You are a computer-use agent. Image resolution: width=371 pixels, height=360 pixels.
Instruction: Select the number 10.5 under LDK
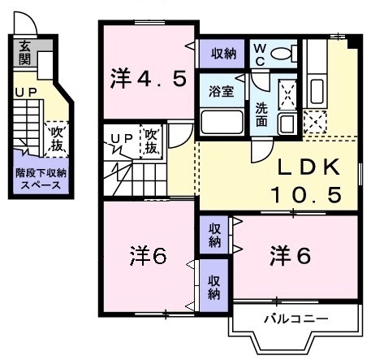click(x=304, y=195)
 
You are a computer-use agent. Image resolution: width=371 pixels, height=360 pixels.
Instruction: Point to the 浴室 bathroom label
click(x=221, y=91)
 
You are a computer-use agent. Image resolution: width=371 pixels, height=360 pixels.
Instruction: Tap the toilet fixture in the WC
click(x=283, y=54)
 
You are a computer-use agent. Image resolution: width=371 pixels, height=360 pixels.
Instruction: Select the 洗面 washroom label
click(x=262, y=114)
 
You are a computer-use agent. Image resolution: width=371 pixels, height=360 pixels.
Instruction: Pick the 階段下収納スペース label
click(x=41, y=179)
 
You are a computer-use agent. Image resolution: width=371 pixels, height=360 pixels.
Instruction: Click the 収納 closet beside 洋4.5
click(x=223, y=54)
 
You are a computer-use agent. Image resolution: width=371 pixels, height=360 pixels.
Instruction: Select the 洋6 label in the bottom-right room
click(x=289, y=255)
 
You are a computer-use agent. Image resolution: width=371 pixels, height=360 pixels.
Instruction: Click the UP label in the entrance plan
click(x=24, y=93)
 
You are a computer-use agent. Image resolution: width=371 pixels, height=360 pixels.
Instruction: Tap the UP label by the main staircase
click(x=122, y=139)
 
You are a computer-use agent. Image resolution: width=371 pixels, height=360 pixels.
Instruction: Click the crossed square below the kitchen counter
click(x=313, y=123)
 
